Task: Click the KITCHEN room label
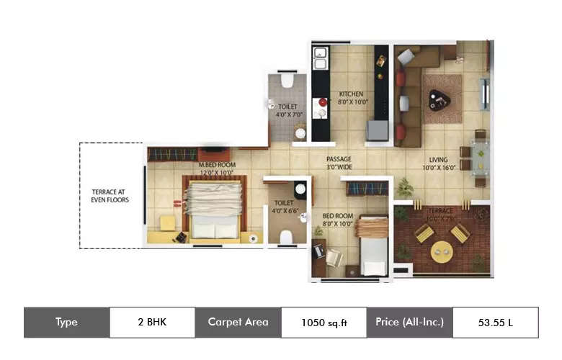click(352, 94)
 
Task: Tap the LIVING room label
click(438, 159)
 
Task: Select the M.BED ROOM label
click(218, 165)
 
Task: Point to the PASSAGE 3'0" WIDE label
click(338, 159)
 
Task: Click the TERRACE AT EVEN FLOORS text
click(110, 195)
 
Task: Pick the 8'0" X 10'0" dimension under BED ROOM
click(336, 224)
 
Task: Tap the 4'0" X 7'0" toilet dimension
click(288, 114)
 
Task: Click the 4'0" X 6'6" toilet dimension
click(286, 210)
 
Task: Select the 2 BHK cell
click(152, 323)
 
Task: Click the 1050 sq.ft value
click(324, 323)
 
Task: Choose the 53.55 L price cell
click(495, 323)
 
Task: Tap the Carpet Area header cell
click(238, 323)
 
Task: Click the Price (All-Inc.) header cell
click(409, 323)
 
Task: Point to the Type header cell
click(66, 323)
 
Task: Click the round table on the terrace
click(441, 252)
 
